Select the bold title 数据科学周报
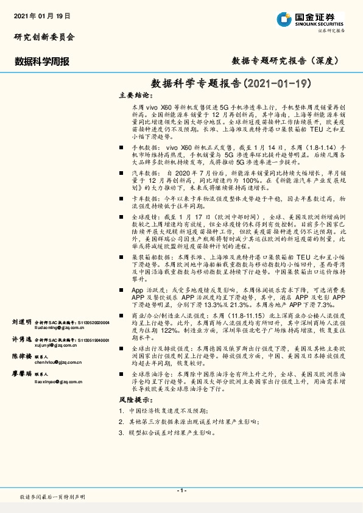[x=42, y=62]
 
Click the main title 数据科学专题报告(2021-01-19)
[x=231, y=83]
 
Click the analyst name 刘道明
[x=21, y=321]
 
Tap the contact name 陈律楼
[x=21, y=356]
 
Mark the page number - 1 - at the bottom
[x=181, y=491]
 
